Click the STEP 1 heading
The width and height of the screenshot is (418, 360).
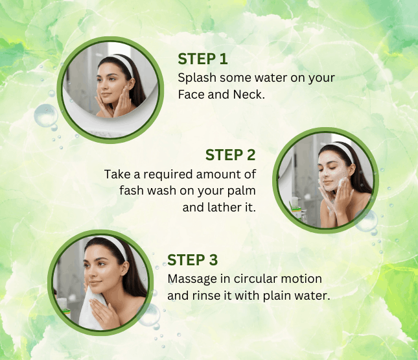pyautogui.click(x=203, y=59)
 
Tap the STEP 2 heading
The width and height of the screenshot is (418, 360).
pyautogui.click(x=230, y=155)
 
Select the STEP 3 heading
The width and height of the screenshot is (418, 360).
pyautogui.click(x=192, y=260)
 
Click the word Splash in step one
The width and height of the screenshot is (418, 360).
pyautogui.click(x=197, y=78)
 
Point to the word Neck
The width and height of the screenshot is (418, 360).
pyautogui.click(x=249, y=95)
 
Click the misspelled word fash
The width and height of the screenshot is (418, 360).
pyautogui.click(x=132, y=191)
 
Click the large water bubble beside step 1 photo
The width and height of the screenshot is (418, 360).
pyautogui.click(x=46, y=115)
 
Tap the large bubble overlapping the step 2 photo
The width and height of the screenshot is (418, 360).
pyautogui.click(x=366, y=221)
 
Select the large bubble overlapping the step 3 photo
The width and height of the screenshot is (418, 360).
pyautogui.click(x=148, y=315)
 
